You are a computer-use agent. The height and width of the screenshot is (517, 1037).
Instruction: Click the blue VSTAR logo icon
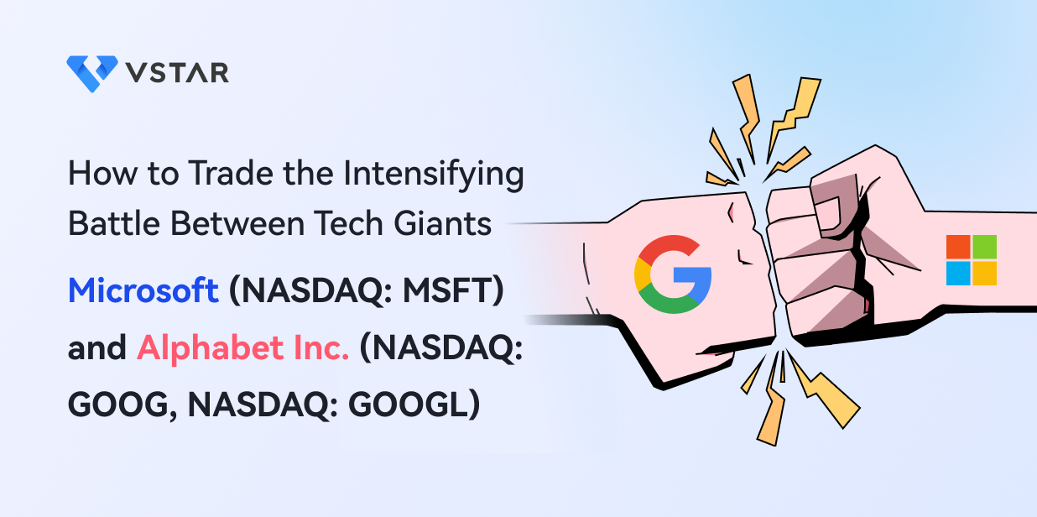tap(92, 74)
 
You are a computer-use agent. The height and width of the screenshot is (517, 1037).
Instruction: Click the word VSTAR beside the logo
tap(177, 73)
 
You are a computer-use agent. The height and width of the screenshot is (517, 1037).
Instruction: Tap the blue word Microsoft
tap(143, 290)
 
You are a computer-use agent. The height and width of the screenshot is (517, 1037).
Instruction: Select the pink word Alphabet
tap(210, 347)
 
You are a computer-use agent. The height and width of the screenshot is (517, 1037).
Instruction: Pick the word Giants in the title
tap(442, 223)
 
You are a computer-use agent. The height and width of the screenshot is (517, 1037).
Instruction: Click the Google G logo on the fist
tap(673, 274)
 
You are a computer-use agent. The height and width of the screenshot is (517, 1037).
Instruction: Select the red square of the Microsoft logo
tap(958, 247)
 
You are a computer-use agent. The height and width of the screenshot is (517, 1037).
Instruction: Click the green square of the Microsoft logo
tap(985, 247)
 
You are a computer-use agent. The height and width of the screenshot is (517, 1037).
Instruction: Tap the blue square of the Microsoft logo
tap(958, 274)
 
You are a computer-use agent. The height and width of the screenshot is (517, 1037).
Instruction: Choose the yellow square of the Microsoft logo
tap(985, 274)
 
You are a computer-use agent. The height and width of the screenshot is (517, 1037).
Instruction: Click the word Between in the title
tap(237, 223)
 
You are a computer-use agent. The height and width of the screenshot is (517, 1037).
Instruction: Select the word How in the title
tap(102, 174)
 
